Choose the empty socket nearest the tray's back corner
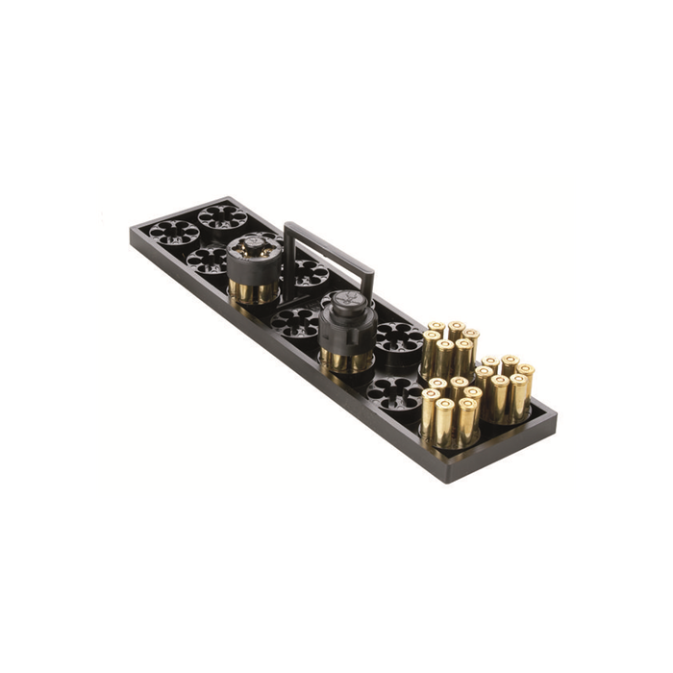[x=223, y=215]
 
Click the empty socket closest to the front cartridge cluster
[x=395, y=394]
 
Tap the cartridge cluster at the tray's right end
[x=506, y=389]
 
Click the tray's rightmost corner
[x=557, y=415]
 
